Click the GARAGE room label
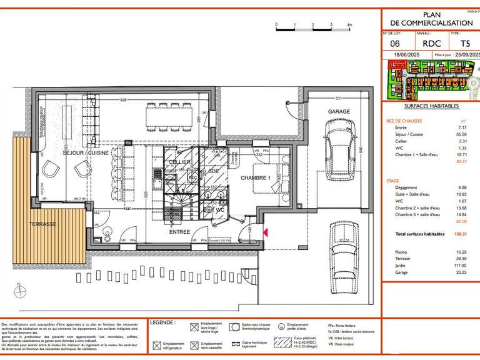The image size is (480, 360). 339,112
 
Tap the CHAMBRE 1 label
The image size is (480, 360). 256,178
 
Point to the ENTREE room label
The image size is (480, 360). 180,232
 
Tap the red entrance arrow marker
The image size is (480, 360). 265,232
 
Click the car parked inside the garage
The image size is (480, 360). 338,149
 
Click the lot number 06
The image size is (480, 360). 395,44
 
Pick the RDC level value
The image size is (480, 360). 432,44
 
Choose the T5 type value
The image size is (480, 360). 465,44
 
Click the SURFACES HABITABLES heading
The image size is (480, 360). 431,106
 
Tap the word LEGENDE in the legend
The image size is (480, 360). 162,323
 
